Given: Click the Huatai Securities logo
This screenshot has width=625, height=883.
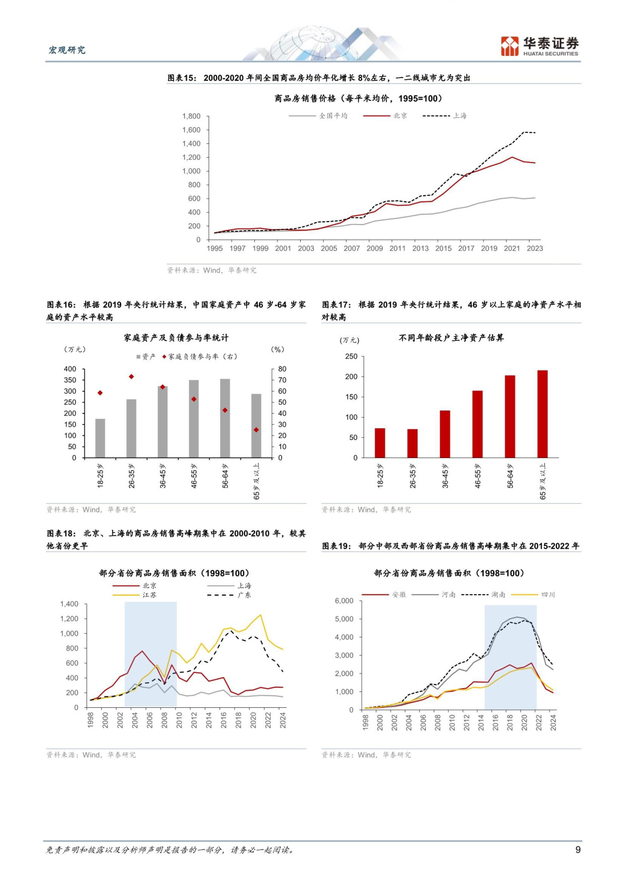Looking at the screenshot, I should pyautogui.click(x=539, y=46).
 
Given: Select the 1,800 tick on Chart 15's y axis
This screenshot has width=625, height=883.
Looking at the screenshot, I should pyautogui.click(x=191, y=116).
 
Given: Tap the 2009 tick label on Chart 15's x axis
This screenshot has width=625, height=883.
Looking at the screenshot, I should pyautogui.click(x=375, y=248).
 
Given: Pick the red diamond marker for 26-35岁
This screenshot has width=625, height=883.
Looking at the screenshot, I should pyautogui.click(x=131, y=377).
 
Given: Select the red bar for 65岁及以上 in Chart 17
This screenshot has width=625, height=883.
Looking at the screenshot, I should pyautogui.click(x=542, y=414).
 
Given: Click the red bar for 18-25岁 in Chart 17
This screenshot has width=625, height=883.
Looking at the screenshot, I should pyautogui.click(x=380, y=443).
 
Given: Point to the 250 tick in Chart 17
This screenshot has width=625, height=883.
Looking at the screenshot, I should pyautogui.click(x=351, y=356).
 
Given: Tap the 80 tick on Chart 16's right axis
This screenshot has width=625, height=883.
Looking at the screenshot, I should pyautogui.click(x=282, y=369).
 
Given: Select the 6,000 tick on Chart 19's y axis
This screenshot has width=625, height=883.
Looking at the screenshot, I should pyautogui.click(x=344, y=601).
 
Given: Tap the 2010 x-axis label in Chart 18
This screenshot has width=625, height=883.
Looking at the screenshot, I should pyautogui.click(x=179, y=720).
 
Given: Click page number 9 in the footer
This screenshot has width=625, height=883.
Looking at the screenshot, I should pyautogui.click(x=578, y=850).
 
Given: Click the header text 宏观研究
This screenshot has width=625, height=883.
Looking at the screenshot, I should pyautogui.click(x=67, y=50).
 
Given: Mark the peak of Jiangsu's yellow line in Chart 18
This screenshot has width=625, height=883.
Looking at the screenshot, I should pyautogui.click(x=260, y=615).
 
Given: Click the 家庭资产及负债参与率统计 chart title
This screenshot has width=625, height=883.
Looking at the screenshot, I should pyautogui.click(x=176, y=338).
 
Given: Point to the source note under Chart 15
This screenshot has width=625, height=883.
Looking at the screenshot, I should pyautogui.click(x=212, y=270).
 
